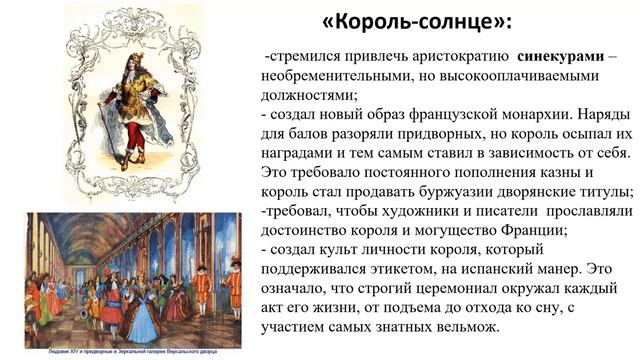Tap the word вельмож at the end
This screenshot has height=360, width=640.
[462, 326]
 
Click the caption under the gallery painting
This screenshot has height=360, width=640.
[133, 351]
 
